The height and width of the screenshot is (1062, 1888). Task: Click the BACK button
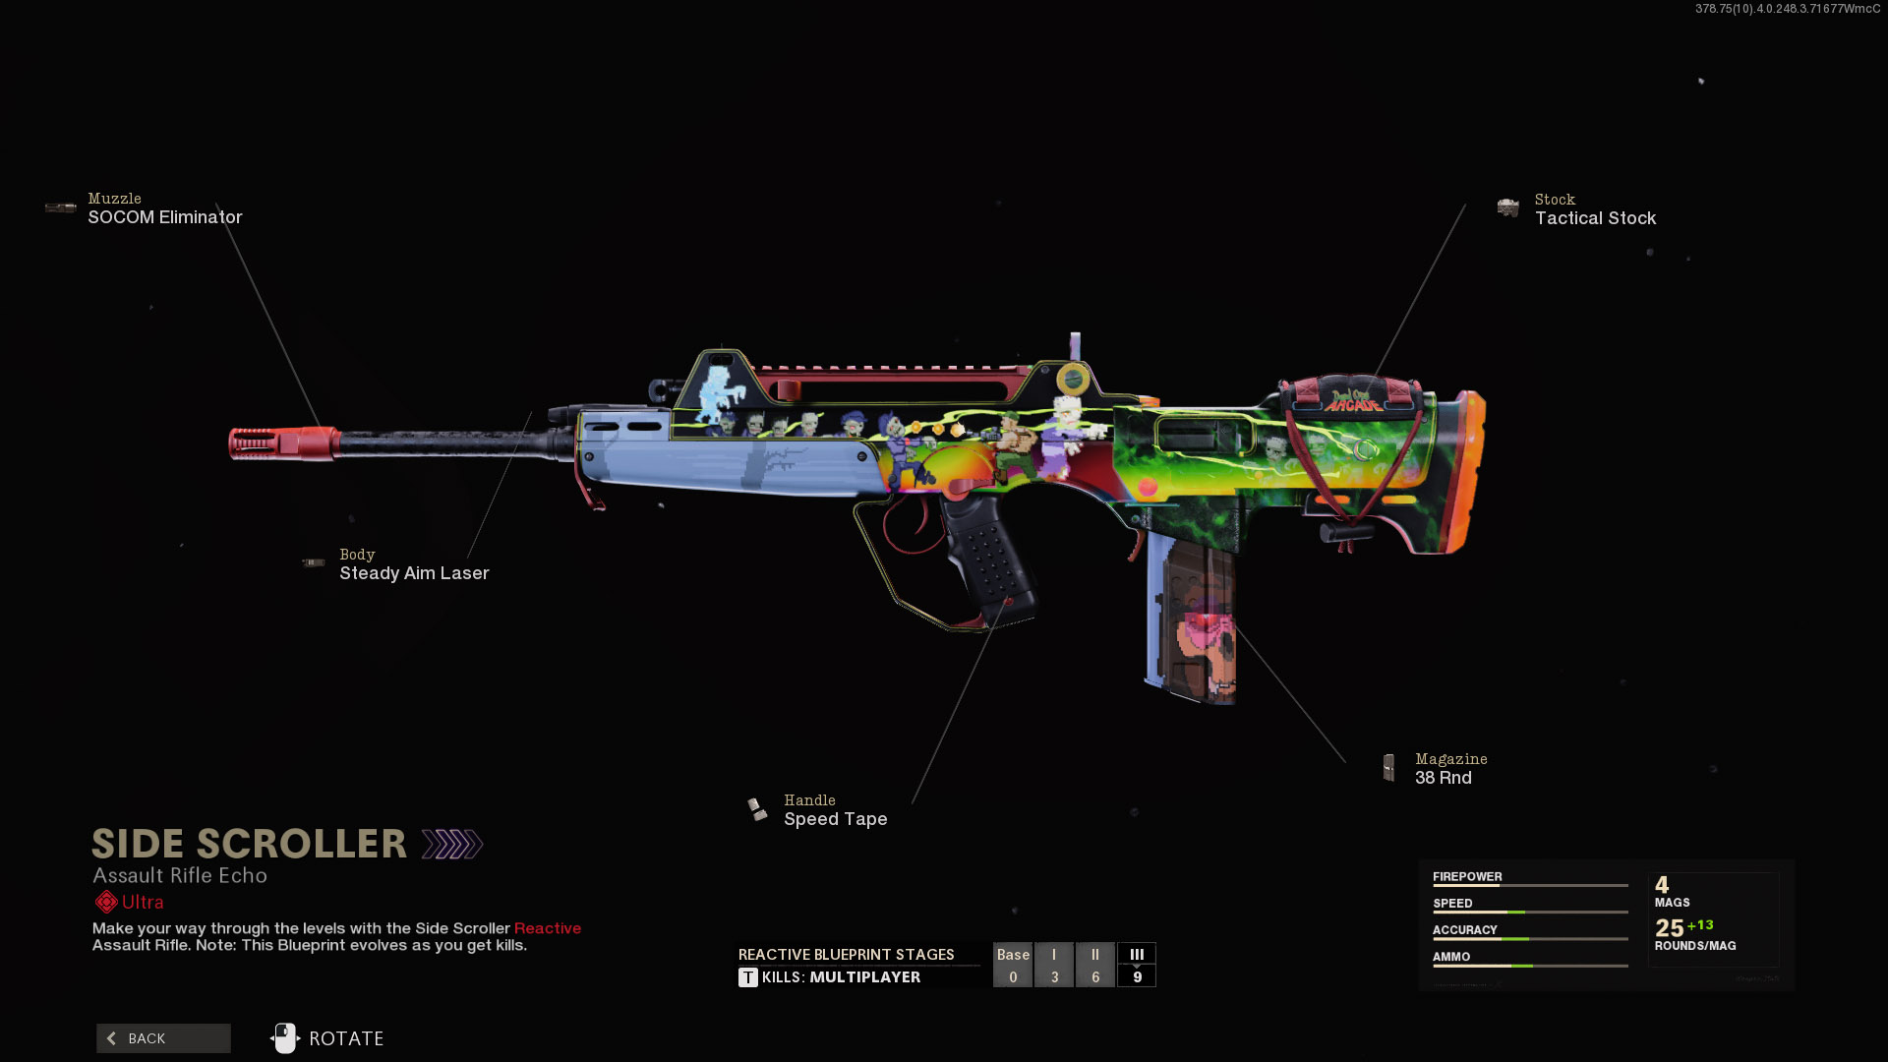163,1038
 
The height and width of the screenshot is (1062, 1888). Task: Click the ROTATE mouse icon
285,1037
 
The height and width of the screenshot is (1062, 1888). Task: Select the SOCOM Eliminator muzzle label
164,217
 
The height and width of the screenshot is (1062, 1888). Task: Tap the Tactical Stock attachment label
1595,218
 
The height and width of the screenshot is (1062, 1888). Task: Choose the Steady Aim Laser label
414,573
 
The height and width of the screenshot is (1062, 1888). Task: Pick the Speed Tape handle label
835,819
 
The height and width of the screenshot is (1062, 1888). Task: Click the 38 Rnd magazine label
1443,778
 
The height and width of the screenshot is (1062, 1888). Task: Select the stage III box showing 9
1137,966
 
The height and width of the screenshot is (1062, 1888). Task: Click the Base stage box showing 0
1013,966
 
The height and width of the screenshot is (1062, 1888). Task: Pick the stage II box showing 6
1095,966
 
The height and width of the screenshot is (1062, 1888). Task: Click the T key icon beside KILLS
748,977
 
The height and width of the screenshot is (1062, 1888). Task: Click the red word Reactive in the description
547,928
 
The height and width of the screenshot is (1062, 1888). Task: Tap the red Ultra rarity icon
106,902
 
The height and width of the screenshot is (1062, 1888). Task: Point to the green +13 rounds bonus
1700,925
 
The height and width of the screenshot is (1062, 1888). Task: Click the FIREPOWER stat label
1467,876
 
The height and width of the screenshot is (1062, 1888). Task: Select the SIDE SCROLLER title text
249,844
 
